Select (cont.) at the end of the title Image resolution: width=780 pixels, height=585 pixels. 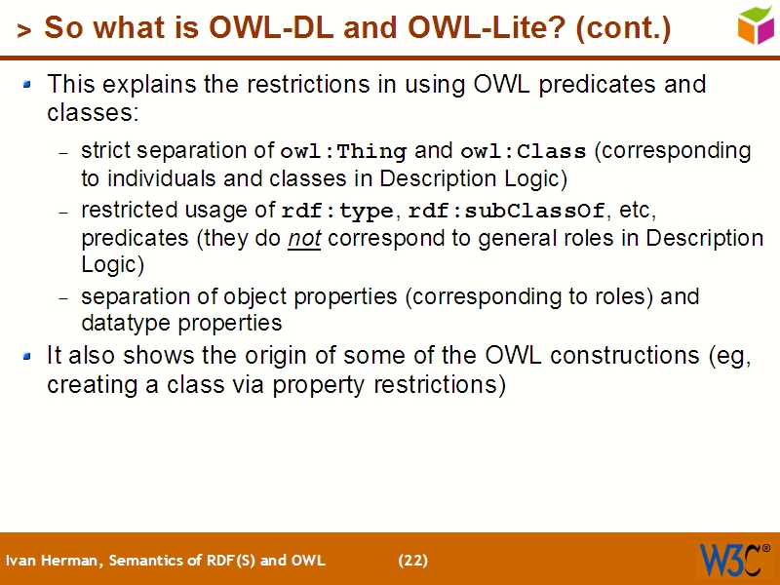pyautogui.click(x=624, y=28)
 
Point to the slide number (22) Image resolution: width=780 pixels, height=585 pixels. pyautogui.click(x=412, y=561)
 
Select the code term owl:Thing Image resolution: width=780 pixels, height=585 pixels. pyautogui.click(x=343, y=152)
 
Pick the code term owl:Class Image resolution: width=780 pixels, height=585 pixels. pyautogui.click(x=524, y=152)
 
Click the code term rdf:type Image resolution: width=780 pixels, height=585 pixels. pyautogui.click(x=337, y=212)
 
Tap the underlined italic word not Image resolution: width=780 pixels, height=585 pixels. pyautogui.click(x=304, y=239)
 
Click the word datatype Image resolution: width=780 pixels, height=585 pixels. pyautogui.click(x=123, y=323)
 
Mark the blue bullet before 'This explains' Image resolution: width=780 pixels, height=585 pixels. pyautogui.click(x=28, y=85)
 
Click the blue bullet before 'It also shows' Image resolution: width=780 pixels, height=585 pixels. pyautogui.click(x=28, y=357)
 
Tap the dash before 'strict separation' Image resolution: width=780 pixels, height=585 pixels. pyautogui.click(x=63, y=153)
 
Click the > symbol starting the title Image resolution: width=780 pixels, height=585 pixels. pyautogui.click(x=23, y=31)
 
